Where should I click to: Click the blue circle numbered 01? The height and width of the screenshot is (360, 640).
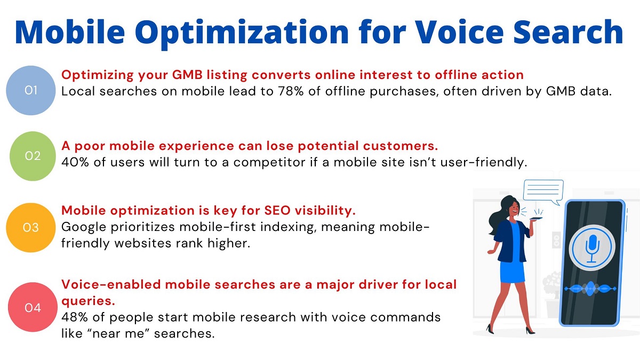pos(31,91)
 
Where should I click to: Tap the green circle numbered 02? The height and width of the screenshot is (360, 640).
pos(33,156)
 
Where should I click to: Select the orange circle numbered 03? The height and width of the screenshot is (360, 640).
pos(31,228)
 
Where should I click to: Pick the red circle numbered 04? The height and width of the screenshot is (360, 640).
pos(33,308)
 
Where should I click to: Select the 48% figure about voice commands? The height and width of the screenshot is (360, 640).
pos(75,317)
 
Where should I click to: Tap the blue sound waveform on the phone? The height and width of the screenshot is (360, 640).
pos(590,289)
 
